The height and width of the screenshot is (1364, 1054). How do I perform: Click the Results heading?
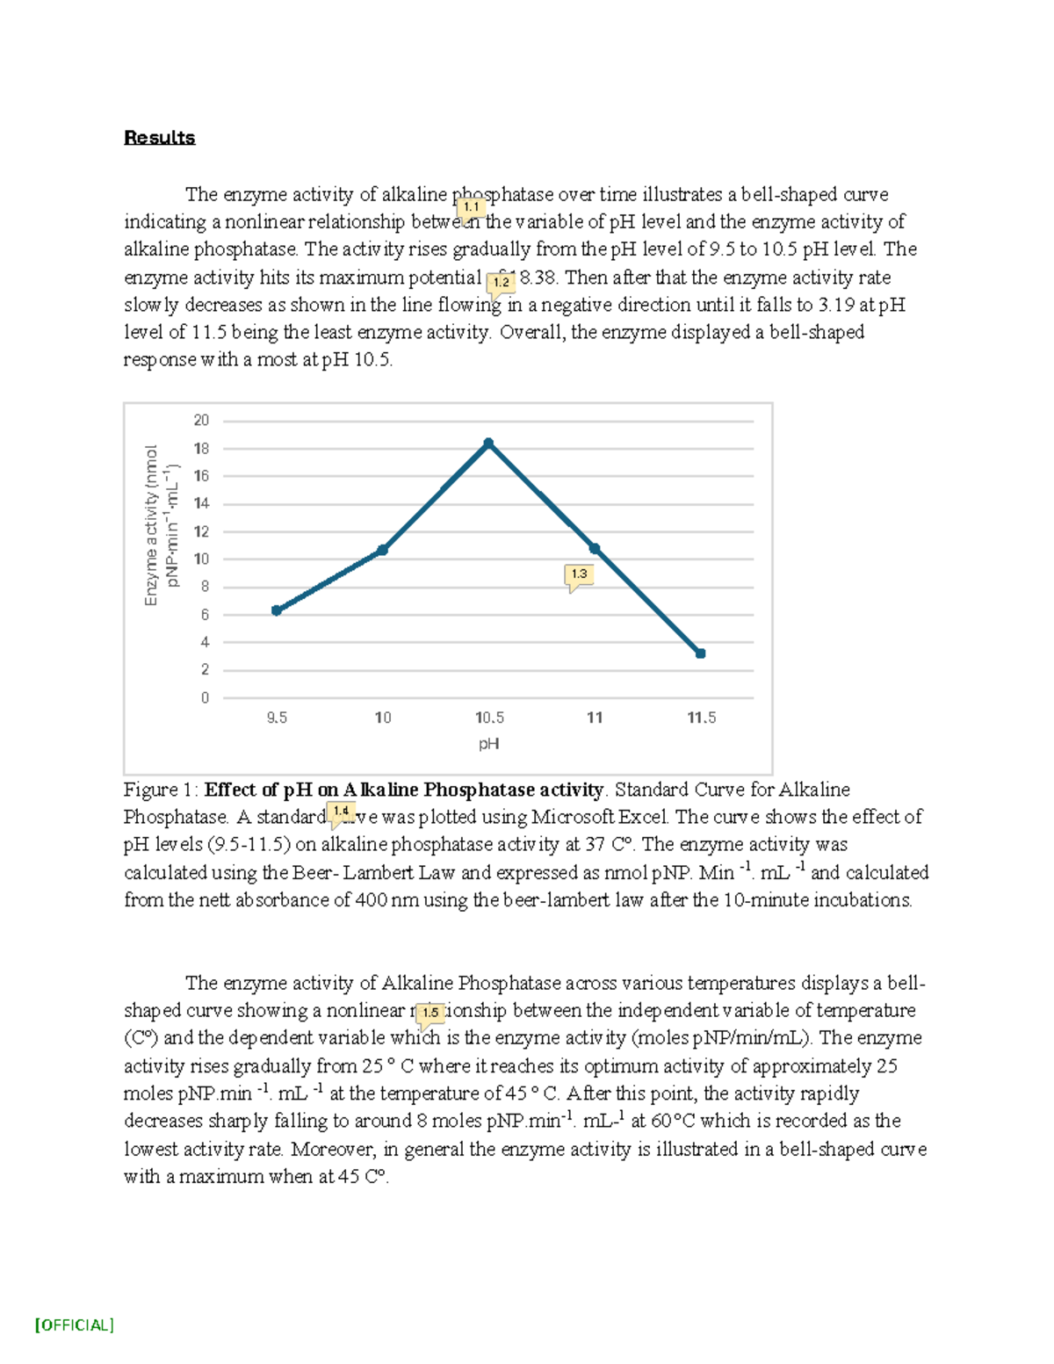click(x=159, y=138)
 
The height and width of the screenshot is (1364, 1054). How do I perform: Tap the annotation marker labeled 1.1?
click(x=472, y=207)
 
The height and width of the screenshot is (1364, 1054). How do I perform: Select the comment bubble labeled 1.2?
click(x=501, y=283)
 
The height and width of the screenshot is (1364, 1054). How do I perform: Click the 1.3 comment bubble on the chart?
click(x=579, y=574)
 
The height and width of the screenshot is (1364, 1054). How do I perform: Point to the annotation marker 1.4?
click(x=341, y=812)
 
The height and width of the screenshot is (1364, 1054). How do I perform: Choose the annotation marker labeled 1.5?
click(x=430, y=1013)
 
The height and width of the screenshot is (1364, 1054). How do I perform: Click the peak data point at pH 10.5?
click(x=488, y=444)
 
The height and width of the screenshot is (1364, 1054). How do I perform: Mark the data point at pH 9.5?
click(x=277, y=610)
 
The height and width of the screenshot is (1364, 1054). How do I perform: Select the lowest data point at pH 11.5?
click(x=700, y=653)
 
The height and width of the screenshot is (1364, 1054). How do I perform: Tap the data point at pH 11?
click(x=595, y=549)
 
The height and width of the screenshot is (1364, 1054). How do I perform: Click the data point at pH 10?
click(x=383, y=550)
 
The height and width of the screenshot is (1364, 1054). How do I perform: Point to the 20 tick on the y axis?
click(x=201, y=421)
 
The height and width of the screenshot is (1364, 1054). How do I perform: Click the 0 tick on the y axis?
click(x=205, y=698)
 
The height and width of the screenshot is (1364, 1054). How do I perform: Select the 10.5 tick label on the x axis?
click(x=489, y=718)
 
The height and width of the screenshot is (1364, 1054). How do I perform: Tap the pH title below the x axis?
click(x=489, y=744)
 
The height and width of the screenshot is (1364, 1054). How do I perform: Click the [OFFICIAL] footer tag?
click(x=75, y=1325)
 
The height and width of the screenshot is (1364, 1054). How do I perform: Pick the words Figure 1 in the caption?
click(x=161, y=790)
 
